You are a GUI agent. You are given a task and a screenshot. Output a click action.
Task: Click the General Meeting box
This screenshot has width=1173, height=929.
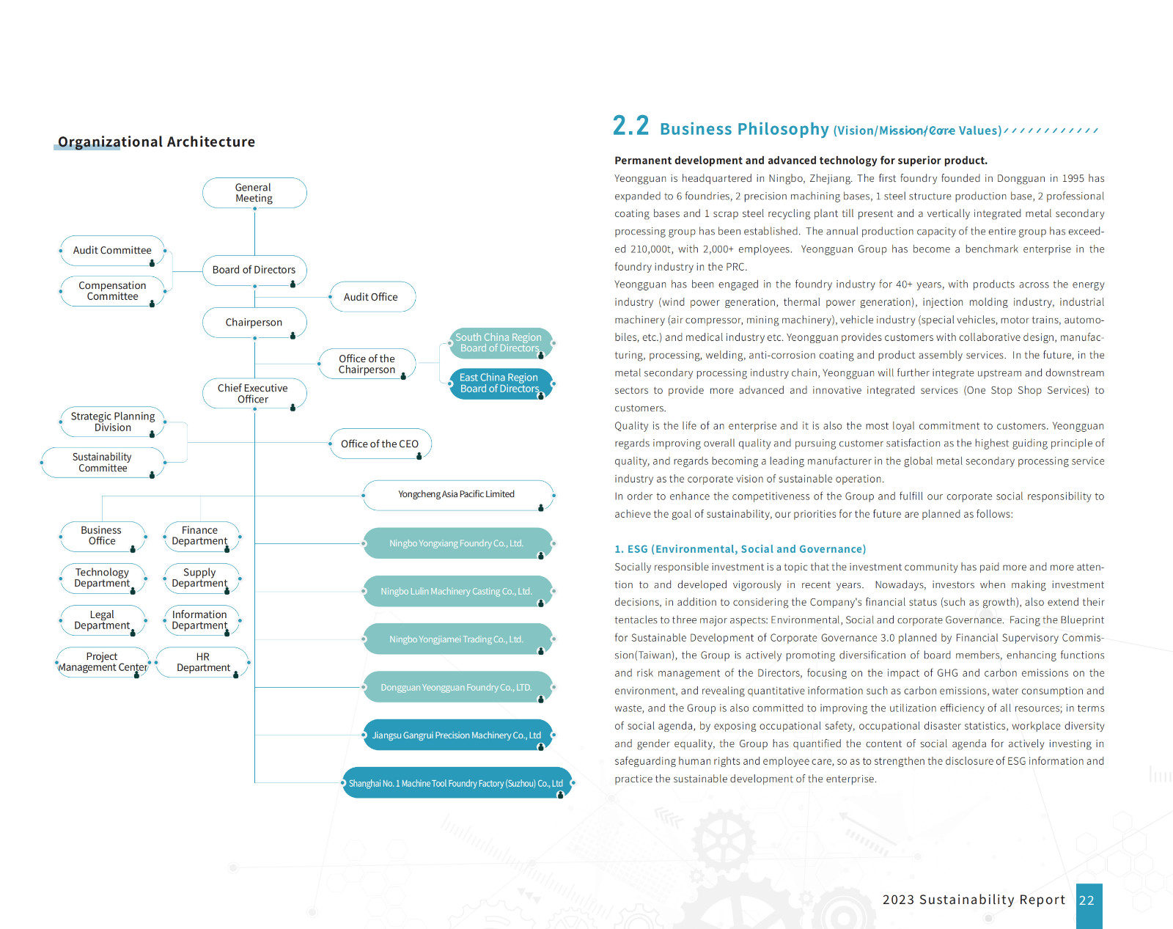pyautogui.click(x=254, y=193)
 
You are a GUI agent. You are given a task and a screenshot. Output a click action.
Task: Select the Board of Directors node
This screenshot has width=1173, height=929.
pyautogui.click(x=254, y=270)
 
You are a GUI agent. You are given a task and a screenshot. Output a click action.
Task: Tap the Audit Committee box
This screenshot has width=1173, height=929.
pyautogui.click(x=112, y=251)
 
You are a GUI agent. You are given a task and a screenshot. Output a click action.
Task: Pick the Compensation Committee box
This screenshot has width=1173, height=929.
pyautogui.click(x=112, y=291)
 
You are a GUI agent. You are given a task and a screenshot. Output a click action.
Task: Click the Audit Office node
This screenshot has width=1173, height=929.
pyautogui.click(x=372, y=297)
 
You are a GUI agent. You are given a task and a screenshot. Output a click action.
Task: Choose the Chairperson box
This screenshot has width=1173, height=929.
pyautogui.click(x=254, y=323)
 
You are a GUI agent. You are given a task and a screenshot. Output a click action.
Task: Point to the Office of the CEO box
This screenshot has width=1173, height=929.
pyautogui.click(x=380, y=444)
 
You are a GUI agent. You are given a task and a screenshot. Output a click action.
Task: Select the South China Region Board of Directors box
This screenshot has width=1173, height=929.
pyautogui.click(x=499, y=343)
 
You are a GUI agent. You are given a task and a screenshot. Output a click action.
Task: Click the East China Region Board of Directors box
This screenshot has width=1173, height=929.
pyautogui.click(x=499, y=383)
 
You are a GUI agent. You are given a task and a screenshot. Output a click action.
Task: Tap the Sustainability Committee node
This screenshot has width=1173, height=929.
pyautogui.click(x=103, y=463)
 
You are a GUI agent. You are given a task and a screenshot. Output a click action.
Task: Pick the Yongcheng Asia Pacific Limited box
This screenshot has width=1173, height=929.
pyautogui.click(x=457, y=495)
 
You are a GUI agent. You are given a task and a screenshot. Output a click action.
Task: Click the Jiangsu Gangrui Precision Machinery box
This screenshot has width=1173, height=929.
pyautogui.click(x=457, y=735)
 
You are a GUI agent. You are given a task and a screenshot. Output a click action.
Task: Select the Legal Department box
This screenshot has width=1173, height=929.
pyautogui.click(x=102, y=620)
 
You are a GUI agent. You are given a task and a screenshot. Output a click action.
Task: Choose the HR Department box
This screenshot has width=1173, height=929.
pyautogui.click(x=203, y=662)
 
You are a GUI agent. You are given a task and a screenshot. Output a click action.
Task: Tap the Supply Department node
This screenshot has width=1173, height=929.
pyautogui.click(x=199, y=578)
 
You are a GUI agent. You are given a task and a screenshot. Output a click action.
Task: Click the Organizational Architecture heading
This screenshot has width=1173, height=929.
pyautogui.click(x=156, y=142)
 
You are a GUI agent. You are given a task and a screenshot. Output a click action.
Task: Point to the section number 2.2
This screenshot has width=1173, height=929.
pyautogui.click(x=630, y=126)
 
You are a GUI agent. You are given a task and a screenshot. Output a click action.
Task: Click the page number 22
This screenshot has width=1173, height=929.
pyautogui.click(x=1087, y=900)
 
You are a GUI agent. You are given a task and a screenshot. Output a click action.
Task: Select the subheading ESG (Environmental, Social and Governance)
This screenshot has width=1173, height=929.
pyautogui.click(x=740, y=549)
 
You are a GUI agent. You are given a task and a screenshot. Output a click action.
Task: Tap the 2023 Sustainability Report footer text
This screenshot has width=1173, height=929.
pyautogui.click(x=974, y=900)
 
